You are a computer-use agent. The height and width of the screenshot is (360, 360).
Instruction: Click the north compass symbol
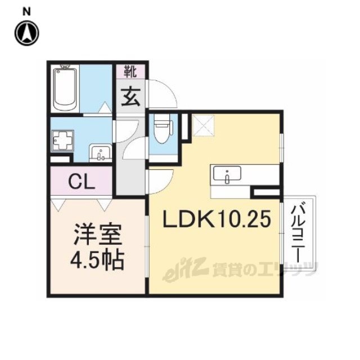(x=27, y=33)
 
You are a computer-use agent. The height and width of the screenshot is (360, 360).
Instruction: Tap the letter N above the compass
(x=26, y=12)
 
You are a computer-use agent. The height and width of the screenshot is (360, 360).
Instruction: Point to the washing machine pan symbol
(x=62, y=141)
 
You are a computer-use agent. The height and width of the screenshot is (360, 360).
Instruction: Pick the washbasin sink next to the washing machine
(x=100, y=152)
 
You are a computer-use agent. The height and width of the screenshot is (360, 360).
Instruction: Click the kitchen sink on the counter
(x=227, y=173)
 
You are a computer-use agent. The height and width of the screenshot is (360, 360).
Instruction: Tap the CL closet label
(x=82, y=182)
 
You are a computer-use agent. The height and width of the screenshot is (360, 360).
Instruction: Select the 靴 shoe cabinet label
(x=130, y=71)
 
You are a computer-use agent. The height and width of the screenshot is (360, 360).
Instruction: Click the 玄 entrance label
(x=130, y=97)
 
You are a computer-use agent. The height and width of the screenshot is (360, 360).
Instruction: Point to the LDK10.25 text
(x=217, y=219)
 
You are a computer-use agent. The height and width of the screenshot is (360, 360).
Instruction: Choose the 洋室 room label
(x=97, y=234)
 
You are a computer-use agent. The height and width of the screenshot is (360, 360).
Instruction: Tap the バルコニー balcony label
(x=299, y=231)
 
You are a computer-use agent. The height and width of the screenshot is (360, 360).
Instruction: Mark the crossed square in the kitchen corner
(x=203, y=125)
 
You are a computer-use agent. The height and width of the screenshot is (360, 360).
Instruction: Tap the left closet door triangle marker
(x=58, y=205)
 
